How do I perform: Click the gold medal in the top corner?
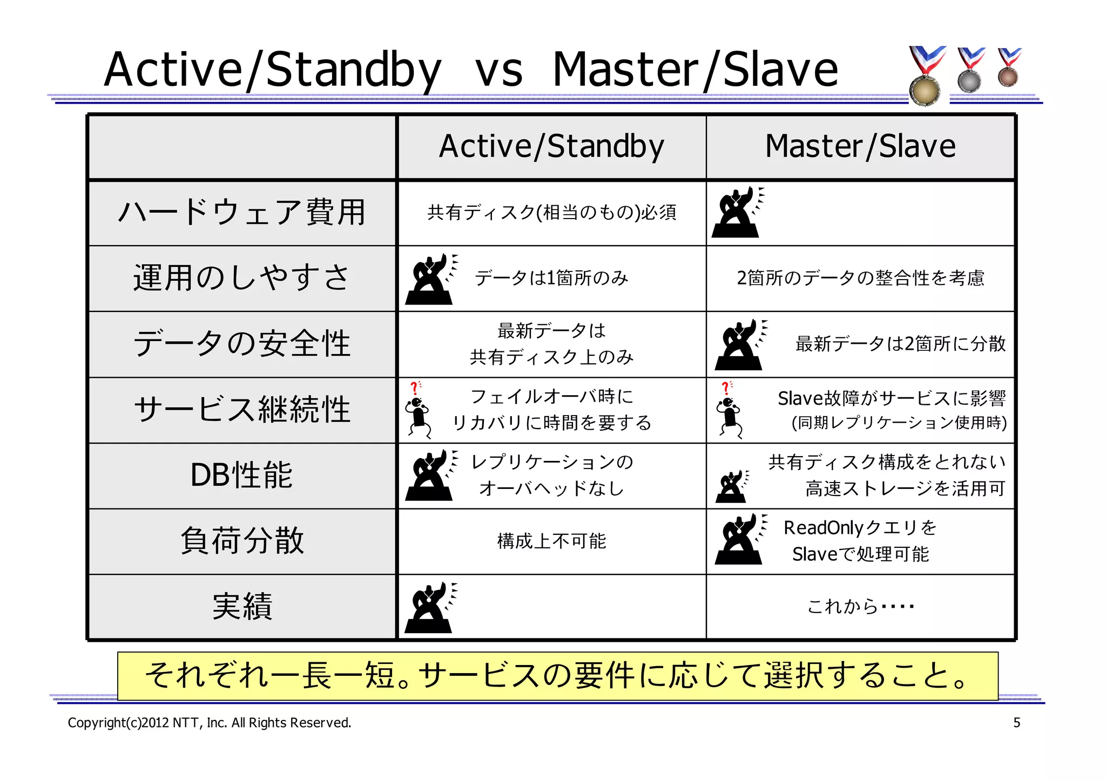(925, 89)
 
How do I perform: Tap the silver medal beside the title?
(969, 81)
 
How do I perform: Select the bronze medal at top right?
(1008, 77)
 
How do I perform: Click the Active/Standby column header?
(551, 146)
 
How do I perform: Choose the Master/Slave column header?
(860, 146)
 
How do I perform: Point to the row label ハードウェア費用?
(242, 212)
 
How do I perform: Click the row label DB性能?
(242, 476)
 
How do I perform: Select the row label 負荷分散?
(242, 540)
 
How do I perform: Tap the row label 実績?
(242, 606)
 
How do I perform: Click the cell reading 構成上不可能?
(551, 541)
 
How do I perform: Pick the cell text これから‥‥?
(860, 606)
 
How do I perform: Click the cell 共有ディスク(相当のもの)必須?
(551, 212)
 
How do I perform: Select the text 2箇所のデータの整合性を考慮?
(860, 278)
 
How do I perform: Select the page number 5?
(1016, 723)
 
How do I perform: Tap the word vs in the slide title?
(498, 71)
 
